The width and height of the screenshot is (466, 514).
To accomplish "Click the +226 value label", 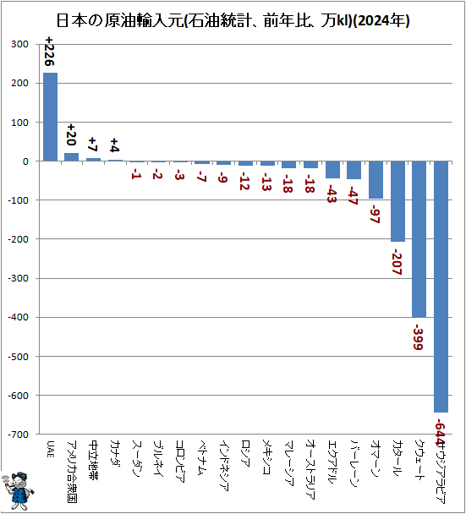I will click(x=51, y=53).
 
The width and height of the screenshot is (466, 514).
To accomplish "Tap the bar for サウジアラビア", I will click(x=441, y=287).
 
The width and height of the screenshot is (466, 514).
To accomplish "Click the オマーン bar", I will click(x=376, y=180).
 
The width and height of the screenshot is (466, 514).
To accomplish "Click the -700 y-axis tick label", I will click(x=18, y=434).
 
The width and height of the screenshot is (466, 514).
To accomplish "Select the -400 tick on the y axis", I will click(x=18, y=317).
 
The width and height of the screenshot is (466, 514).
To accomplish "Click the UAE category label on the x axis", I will click(x=51, y=449).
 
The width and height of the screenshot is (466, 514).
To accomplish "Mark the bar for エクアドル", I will click(x=332, y=170).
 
